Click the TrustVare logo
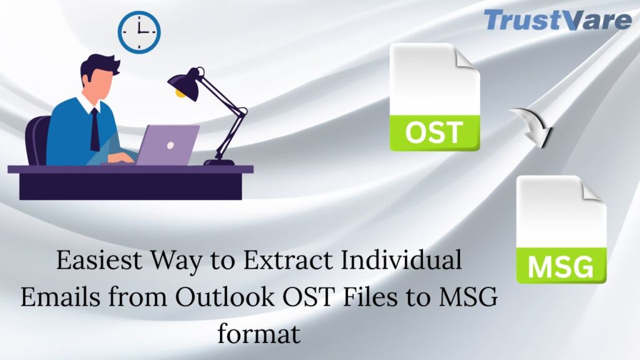(557, 20)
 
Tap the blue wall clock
(139, 32)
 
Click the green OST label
(434, 133)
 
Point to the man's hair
(99, 64)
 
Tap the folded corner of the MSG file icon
(594, 188)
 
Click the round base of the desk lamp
(219, 162)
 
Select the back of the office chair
(38, 140)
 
